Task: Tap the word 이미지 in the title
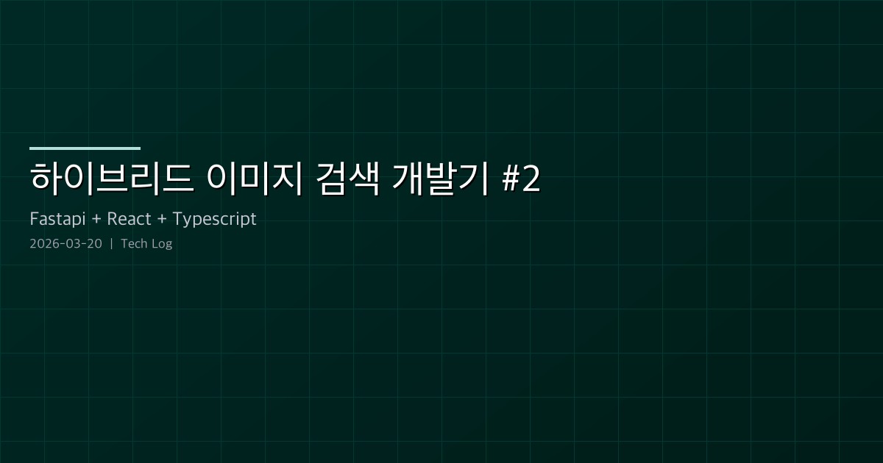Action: (x=255, y=179)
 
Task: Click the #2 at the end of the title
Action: (x=522, y=180)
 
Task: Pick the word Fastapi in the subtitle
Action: (x=57, y=219)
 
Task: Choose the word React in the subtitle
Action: (x=129, y=219)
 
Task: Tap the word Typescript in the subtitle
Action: (x=214, y=220)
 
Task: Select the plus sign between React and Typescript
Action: (x=162, y=220)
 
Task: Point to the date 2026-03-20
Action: (x=66, y=244)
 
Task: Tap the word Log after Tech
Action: (x=162, y=244)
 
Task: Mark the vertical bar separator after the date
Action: (x=111, y=244)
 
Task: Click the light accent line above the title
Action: (x=85, y=148)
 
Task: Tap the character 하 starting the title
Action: (x=45, y=179)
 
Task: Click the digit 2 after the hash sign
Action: (x=531, y=180)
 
